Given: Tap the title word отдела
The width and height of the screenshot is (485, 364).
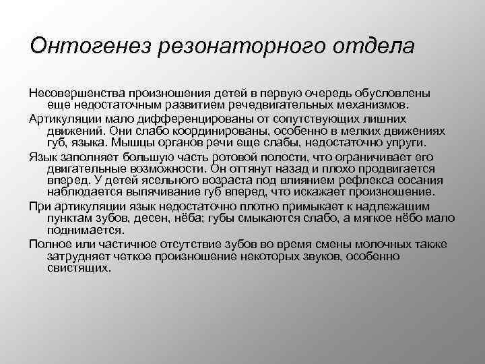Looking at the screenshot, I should pos(373,48).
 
